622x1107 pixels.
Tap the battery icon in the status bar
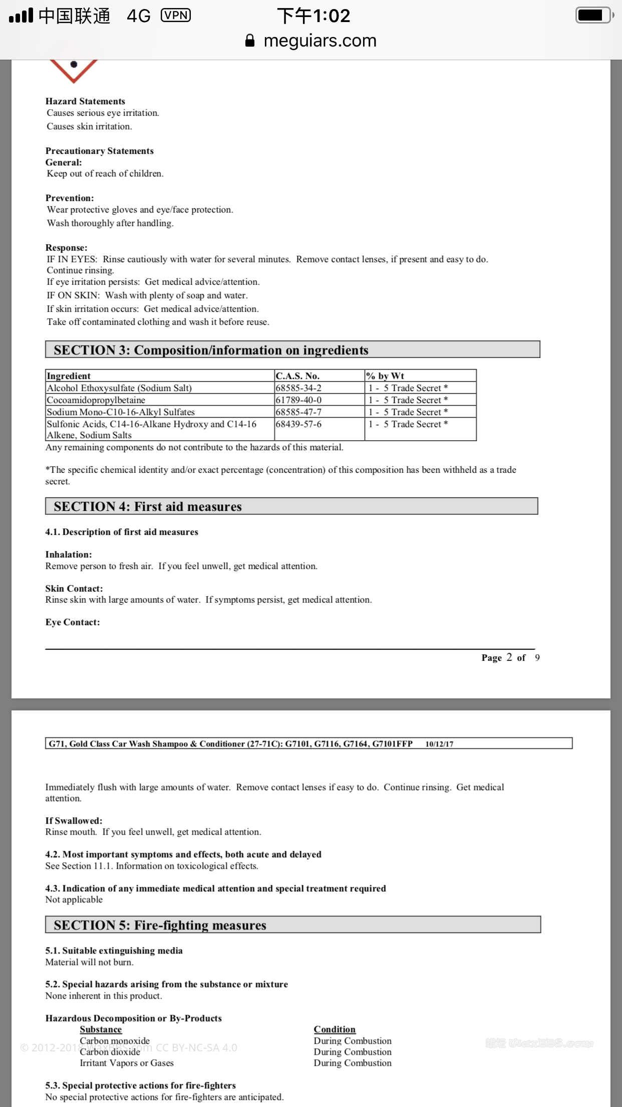point(594,15)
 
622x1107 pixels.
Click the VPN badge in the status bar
point(176,16)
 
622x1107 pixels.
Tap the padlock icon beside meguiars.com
point(250,41)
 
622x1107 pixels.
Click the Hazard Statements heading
point(85,101)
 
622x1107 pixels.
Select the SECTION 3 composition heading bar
point(292,350)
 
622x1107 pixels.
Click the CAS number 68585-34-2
point(298,388)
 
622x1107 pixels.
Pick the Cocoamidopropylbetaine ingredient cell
point(96,400)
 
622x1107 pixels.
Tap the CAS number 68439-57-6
point(298,424)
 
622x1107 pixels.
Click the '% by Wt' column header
point(385,376)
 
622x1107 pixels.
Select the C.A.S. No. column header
point(297,376)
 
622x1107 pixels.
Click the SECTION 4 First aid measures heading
point(291,506)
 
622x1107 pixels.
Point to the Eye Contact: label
point(73,622)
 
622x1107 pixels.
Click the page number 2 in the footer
point(509,657)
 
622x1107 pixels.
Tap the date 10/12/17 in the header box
point(439,744)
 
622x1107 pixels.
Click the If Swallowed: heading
point(74,821)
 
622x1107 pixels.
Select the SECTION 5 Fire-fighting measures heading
point(292,925)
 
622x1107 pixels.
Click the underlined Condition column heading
point(335,1029)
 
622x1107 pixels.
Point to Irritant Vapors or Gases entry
point(127,1063)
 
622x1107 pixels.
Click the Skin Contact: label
point(74,589)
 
